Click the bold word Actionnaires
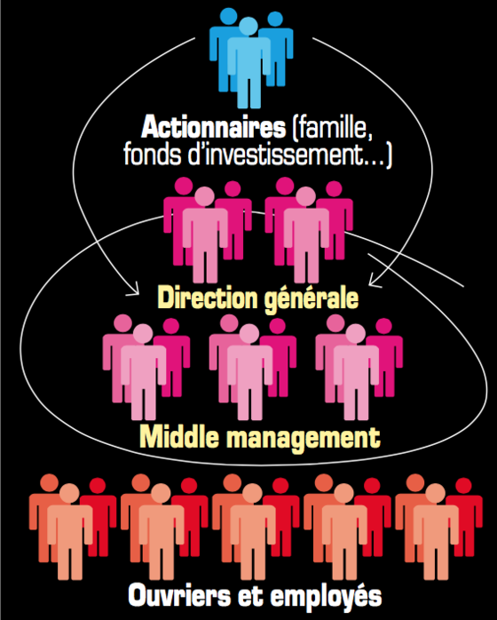[213, 127]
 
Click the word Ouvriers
[179, 595]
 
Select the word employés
[326, 597]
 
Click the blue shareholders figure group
[251, 58]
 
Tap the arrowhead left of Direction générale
[133, 289]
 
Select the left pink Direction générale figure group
[208, 230]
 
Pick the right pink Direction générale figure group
[309, 230]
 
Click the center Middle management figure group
[253, 368]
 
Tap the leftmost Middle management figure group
[146, 368]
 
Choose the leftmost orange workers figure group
[73, 527]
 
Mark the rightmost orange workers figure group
[438, 527]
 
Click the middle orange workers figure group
[256, 527]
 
